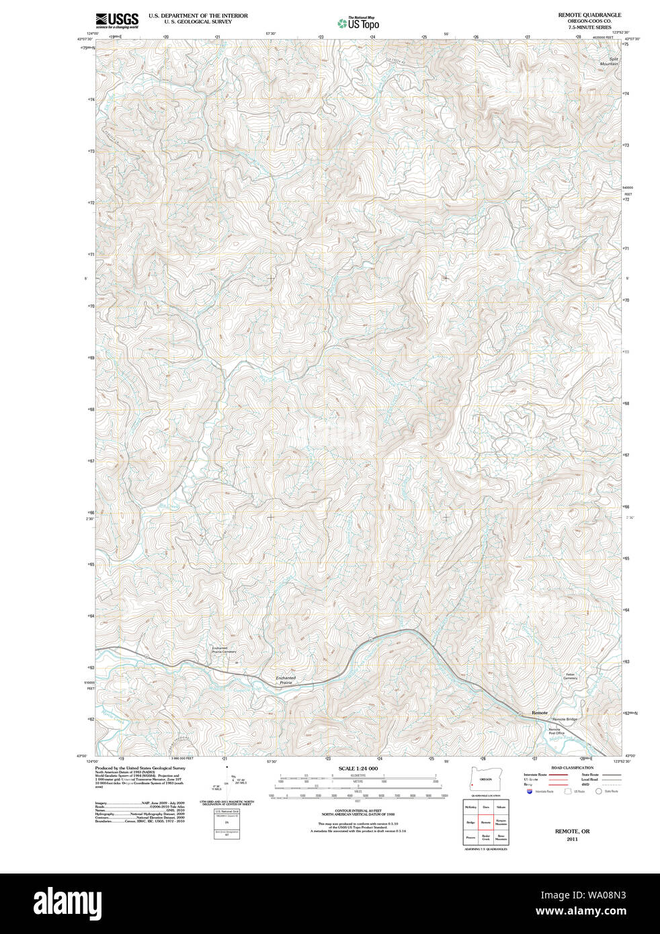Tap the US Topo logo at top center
(x=358, y=23)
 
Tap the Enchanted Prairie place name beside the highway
(x=286, y=681)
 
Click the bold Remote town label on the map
(x=540, y=712)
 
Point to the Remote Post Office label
(x=554, y=731)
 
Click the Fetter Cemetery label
(x=570, y=676)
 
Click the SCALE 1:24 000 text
(x=358, y=768)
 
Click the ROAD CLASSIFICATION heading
(x=572, y=767)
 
